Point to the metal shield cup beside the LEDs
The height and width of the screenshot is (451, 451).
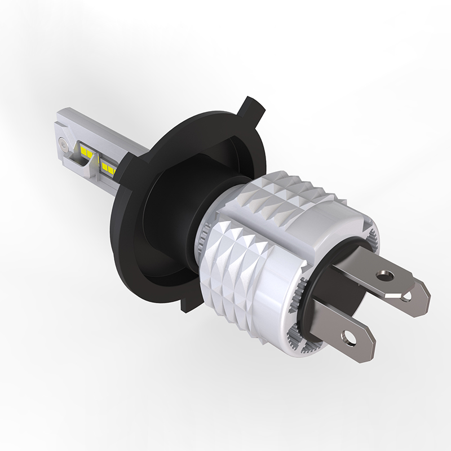pos(85,166)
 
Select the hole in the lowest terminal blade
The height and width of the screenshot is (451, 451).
pos(350,341)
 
